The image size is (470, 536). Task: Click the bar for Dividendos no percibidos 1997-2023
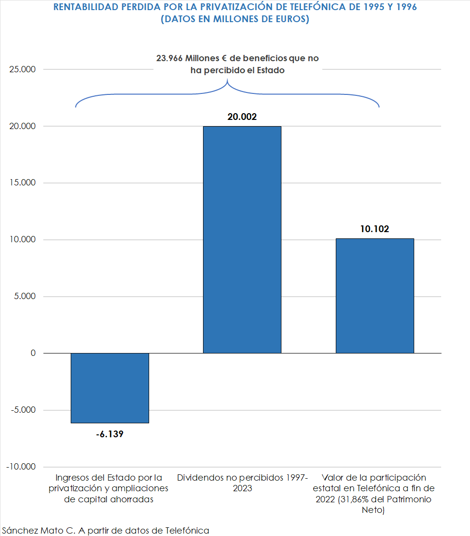point(242,239)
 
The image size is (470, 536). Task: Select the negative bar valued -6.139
point(110,388)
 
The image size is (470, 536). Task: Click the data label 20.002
point(242,117)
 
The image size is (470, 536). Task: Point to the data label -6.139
point(110,434)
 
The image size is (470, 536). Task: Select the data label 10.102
point(374,229)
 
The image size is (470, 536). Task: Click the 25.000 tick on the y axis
point(23,69)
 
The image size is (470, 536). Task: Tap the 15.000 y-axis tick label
point(23,183)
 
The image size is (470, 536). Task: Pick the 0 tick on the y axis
point(33,353)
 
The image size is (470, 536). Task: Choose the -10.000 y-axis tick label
point(21,467)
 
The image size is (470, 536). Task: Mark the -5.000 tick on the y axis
point(23,410)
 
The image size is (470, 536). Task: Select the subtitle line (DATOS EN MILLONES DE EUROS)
point(235,20)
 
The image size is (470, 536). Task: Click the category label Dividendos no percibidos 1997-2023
point(242,483)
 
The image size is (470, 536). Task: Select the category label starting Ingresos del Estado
point(109,489)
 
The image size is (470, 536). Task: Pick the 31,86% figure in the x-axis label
point(356,499)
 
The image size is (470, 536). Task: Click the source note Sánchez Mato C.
point(105,530)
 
